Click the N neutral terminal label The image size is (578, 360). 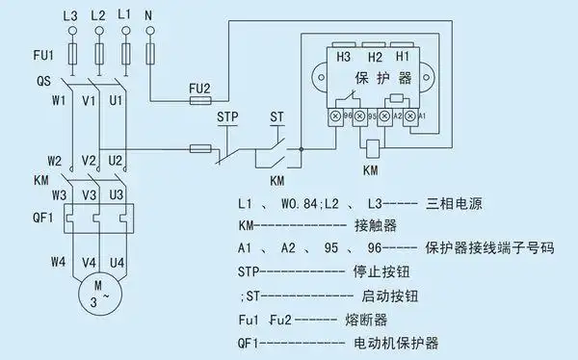(x=150, y=16)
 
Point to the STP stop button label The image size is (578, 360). (x=228, y=119)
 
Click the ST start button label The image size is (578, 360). (x=277, y=119)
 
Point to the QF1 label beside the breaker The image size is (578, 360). (x=31, y=215)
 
